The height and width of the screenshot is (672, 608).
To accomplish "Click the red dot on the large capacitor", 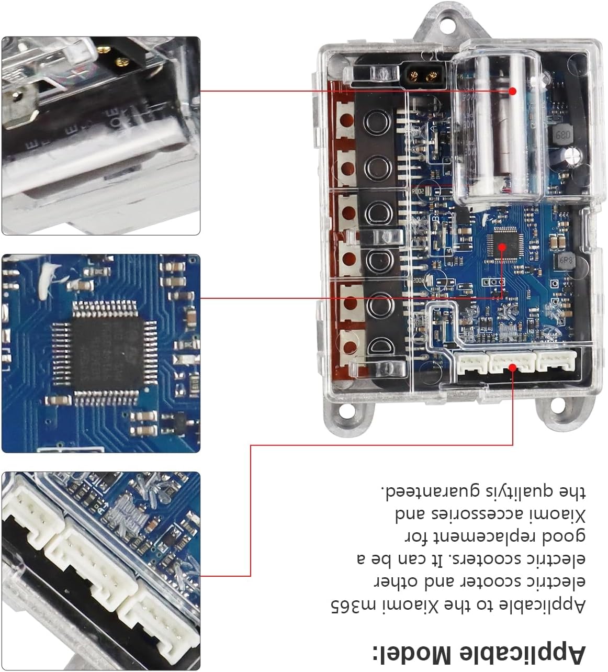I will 513,91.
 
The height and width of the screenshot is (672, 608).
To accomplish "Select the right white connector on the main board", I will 556,361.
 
